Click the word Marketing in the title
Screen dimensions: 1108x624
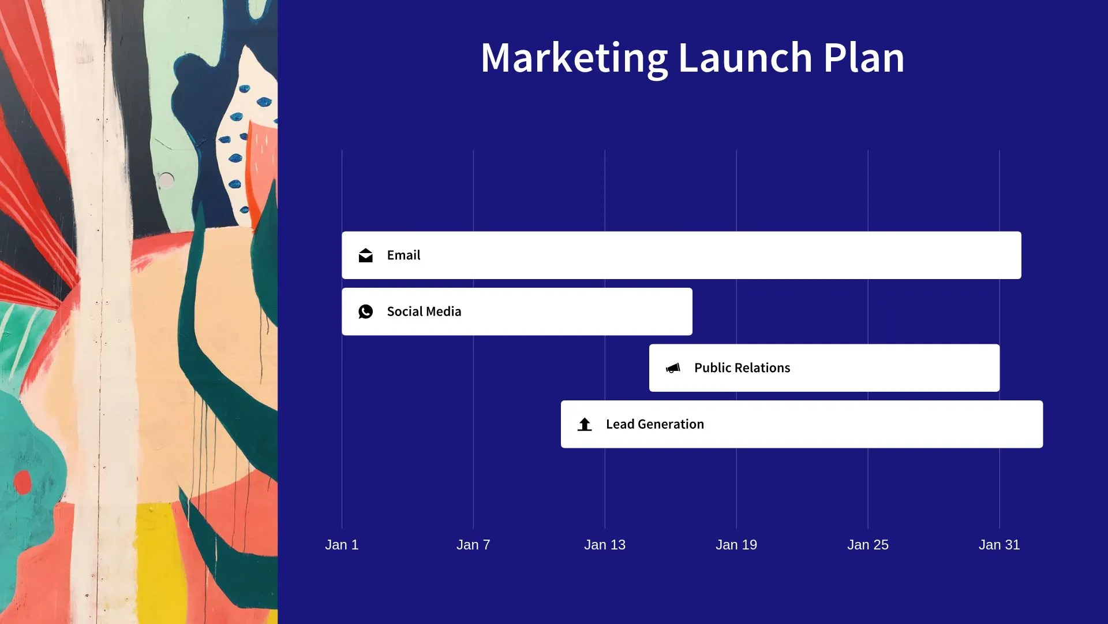click(574, 59)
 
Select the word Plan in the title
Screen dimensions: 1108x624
click(864, 58)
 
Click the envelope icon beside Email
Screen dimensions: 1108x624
click(365, 255)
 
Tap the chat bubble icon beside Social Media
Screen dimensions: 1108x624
click(365, 311)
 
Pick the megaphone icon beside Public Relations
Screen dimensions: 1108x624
click(673, 368)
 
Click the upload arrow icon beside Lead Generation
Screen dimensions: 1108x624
click(585, 424)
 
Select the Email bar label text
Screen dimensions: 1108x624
click(403, 255)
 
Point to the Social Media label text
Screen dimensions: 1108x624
click(424, 311)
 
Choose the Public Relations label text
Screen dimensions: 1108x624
click(742, 368)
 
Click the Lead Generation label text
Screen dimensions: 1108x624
click(655, 424)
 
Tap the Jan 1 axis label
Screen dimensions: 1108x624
click(342, 545)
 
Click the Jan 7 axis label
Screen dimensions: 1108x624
click(473, 545)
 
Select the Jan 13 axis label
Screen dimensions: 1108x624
click(605, 545)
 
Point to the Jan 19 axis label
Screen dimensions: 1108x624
click(736, 545)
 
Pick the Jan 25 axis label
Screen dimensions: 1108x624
click(868, 545)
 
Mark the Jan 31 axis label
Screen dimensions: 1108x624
click(1000, 545)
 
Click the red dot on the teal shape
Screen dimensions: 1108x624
click(23, 482)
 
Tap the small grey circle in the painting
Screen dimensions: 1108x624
click(166, 180)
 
